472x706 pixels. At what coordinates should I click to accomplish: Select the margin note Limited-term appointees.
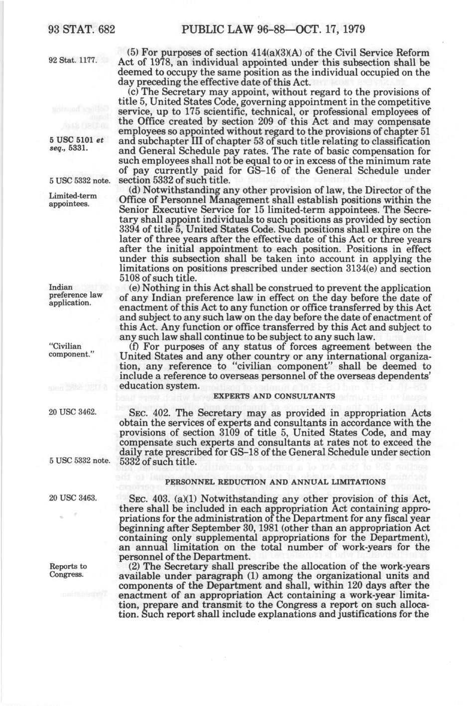click(73, 200)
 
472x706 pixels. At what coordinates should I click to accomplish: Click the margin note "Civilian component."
click(68, 350)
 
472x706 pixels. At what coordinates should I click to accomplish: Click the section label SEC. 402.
click(144, 413)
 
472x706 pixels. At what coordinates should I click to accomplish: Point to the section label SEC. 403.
click(144, 499)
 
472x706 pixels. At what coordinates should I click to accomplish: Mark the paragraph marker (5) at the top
click(133, 53)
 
